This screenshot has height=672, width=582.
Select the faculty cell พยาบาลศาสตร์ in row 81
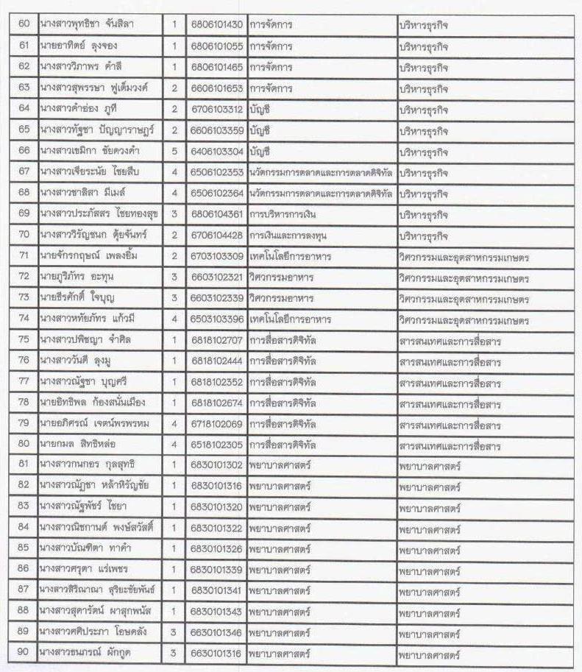pos(429,467)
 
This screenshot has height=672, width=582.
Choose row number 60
pos(24,25)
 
